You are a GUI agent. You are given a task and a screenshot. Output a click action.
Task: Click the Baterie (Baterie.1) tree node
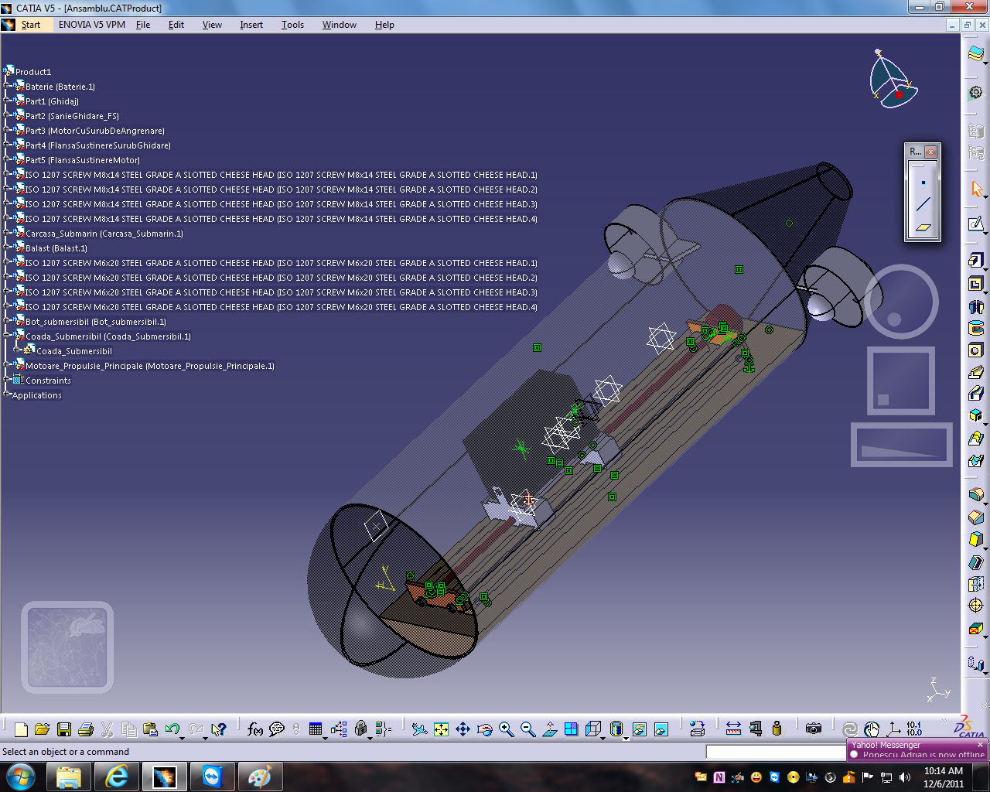(60, 87)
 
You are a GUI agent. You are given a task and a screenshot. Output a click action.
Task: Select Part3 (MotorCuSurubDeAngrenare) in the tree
(94, 131)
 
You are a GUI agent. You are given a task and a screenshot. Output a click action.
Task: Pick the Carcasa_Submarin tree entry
(104, 234)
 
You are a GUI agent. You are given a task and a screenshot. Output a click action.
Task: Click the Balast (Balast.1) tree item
(56, 248)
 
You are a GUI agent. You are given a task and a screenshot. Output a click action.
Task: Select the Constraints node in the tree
(48, 381)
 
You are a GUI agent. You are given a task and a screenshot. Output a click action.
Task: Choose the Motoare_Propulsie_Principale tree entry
(149, 366)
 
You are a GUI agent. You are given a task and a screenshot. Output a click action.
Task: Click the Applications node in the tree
(36, 395)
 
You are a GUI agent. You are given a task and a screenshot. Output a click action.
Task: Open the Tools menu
(292, 25)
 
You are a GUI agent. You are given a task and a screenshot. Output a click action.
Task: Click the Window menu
(339, 25)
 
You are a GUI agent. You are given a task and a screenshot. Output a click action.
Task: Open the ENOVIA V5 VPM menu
(91, 25)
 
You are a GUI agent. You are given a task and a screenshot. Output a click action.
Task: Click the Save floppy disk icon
(64, 729)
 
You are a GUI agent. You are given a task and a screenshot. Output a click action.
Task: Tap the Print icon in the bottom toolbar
(86, 729)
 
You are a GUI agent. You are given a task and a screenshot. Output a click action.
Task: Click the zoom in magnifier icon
(507, 729)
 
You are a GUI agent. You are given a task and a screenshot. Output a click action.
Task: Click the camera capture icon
(813, 729)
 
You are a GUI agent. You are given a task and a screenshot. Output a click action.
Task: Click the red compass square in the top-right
(899, 95)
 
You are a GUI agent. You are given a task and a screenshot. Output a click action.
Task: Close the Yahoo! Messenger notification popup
(980, 745)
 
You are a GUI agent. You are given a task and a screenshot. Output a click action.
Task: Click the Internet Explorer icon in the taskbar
(117, 777)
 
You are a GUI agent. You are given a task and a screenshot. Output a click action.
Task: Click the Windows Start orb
(20, 777)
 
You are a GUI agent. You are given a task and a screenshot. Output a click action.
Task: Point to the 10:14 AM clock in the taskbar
(943, 771)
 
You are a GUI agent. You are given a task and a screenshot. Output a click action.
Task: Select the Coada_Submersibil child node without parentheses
(74, 351)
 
